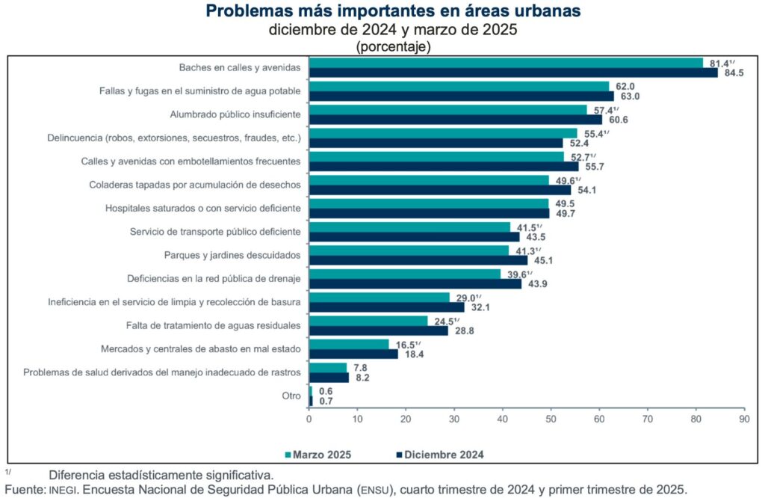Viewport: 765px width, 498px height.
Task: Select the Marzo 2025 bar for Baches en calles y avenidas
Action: coord(506,63)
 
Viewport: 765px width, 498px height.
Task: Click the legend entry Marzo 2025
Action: coord(318,454)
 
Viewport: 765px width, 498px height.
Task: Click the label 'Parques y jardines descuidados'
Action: coord(232,255)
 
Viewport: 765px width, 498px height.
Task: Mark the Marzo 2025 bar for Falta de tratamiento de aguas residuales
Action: coord(368,321)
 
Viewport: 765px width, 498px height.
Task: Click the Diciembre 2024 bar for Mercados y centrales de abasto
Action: coord(353,354)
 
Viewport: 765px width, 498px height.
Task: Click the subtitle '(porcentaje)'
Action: coord(393,46)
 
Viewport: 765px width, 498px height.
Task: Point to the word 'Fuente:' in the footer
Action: coord(24,490)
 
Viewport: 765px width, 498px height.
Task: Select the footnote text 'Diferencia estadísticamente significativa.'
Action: coord(161,475)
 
